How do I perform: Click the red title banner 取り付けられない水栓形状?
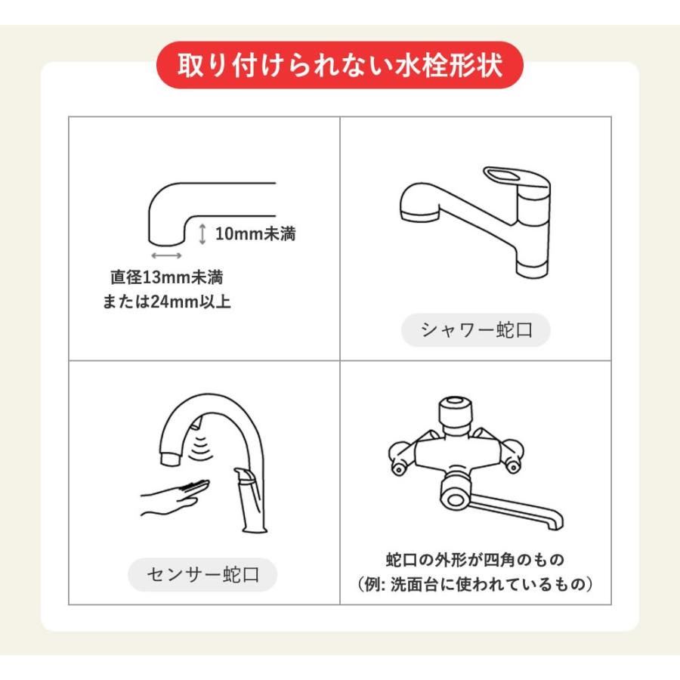point(339,65)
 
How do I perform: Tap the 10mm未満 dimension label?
point(255,233)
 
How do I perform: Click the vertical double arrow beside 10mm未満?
point(202,233)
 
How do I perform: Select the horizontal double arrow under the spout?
point(166,255)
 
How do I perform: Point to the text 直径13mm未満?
point(167,277)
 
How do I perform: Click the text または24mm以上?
point(166,301)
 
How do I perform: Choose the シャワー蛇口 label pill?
point(476,330)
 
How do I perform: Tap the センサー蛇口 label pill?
point(202,575)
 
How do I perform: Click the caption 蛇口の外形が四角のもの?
point(475,559)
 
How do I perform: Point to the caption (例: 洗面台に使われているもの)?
point(475,584)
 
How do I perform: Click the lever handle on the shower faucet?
point(516,178)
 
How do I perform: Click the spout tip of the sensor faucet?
point(170,458)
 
